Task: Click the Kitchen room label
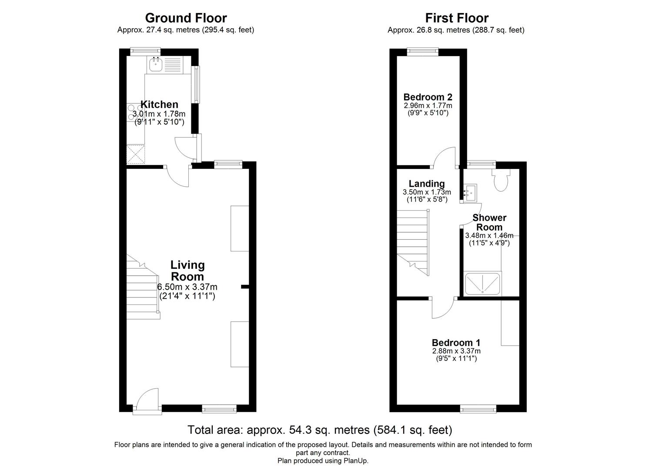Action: click(x=159, y=105)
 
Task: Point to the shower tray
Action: click(x=483, y=284)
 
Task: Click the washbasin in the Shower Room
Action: click(x=470, y=193)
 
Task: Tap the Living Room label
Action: click(x=187, y=271)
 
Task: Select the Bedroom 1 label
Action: click(x=456, y=343)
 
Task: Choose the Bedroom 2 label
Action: click(x=428, y=97)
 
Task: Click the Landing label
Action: click(x=426, y=184)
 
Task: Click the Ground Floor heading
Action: click(x=186, y=18)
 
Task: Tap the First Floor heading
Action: click(x=456, y=18)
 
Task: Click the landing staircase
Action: click(x=413, y=241)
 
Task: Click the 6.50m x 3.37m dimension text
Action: click(x=187, y=287)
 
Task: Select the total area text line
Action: click(x=320, y=430)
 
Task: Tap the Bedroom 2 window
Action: click(x=423, y=52)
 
